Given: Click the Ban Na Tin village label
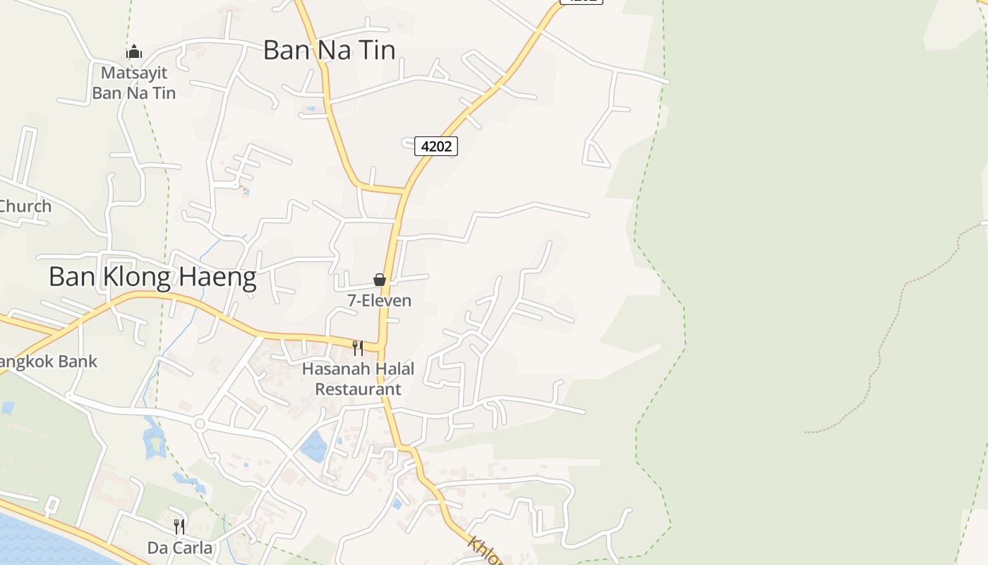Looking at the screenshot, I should [x=329, y=50].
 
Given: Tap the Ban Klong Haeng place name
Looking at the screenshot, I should [x=152, y=277].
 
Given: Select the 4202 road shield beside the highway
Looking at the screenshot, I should [x=435, y=146].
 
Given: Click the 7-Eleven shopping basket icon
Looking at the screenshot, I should [x=380, y=280].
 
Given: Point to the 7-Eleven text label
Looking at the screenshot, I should [x=379, y=300].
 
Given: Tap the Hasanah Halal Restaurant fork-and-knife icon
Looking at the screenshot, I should [x=358, y=347].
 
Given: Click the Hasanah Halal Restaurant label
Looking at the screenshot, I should [x=358, y=379].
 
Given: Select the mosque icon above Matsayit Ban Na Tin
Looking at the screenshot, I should [x=134, y=52].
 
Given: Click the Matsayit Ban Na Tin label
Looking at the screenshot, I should [x=134, y=83].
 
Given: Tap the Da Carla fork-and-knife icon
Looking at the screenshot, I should [x=179, y=526].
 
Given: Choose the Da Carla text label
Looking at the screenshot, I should [x=179, y=547].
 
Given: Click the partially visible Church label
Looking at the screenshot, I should [x=25, y=206].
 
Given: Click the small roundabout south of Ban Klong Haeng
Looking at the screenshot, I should [x=200, y=424].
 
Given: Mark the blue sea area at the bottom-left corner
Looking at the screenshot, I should [x=35, y=544].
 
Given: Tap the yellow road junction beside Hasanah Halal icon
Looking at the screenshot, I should [x=382, y=347].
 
